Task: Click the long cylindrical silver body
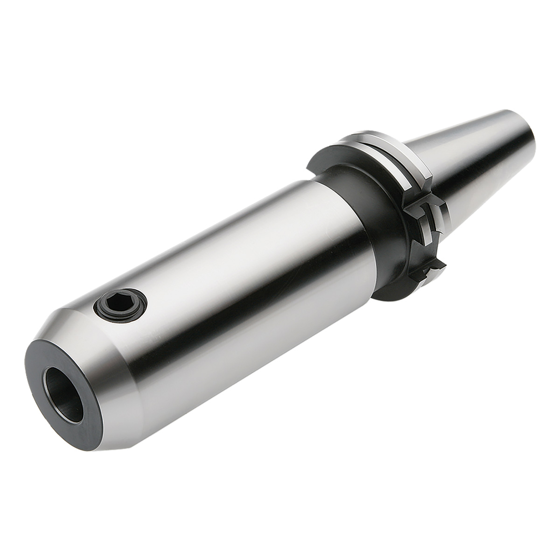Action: pyautogui.click(x=233, y=261)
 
